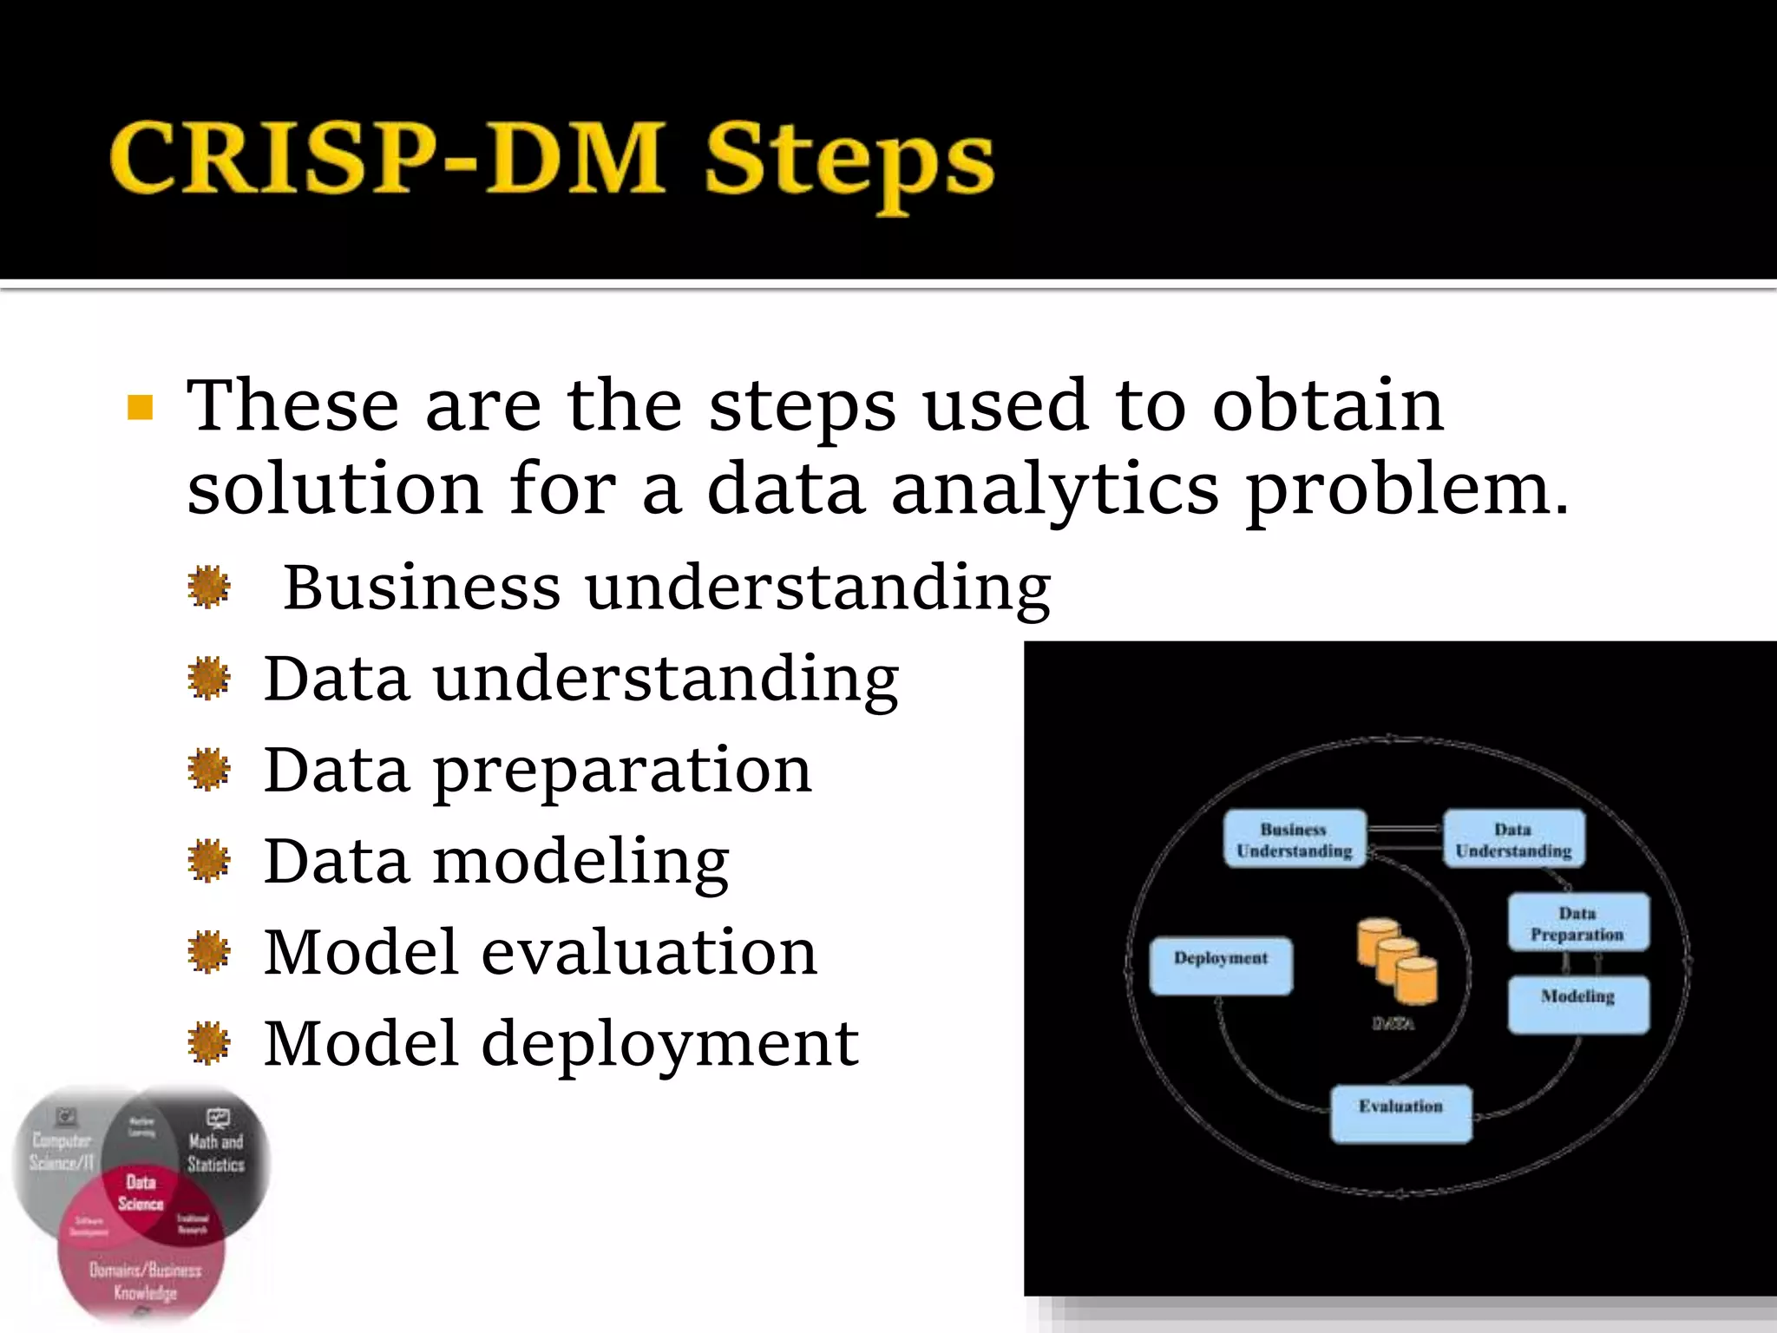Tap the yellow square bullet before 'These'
point(140,407)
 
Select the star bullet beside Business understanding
point(209,588)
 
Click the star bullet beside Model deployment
point(209,1043)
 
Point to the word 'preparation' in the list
point(622,771)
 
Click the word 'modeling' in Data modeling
point(580,862)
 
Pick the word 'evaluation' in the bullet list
point(649,952)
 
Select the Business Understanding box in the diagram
point(1295,839)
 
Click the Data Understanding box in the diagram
point(1513,839)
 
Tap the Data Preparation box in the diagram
point(1577,923)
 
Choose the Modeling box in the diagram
point(1577,1004)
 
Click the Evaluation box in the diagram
point(1400,1113)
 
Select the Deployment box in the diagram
point(1220,965)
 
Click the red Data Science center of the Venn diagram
point(141,1193)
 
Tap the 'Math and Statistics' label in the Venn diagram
point(216,1152)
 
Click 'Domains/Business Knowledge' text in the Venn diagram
point(145,1281)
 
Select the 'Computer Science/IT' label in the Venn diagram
point(61,1152)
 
